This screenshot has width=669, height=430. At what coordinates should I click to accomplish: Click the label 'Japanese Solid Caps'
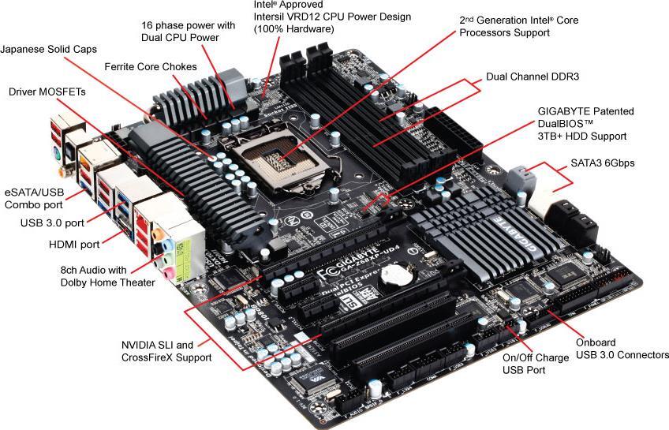point(49,49)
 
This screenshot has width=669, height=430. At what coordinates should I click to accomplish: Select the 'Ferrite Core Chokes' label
point(150,66)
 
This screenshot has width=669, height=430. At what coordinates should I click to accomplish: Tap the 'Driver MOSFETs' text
point(47,92)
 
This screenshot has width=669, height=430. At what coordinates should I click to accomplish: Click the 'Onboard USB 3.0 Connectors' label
point(622,349)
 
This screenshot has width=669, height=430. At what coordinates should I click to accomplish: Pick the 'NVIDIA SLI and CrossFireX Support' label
point(166,351)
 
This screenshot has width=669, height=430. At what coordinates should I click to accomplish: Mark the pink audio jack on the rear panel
point(169,271)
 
